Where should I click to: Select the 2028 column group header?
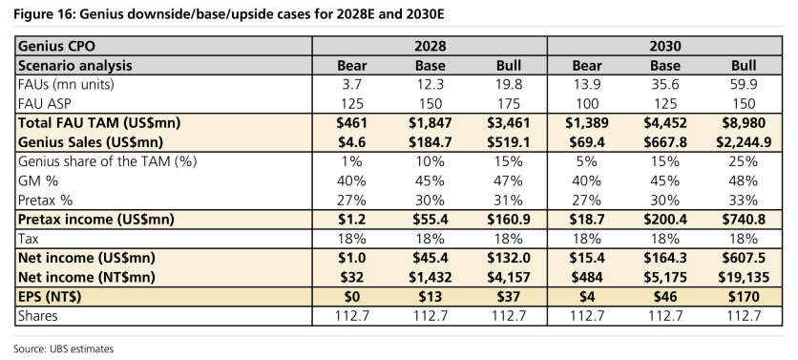click(430, 47)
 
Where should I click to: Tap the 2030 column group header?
click(664, 47)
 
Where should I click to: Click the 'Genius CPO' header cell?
click(56, 47)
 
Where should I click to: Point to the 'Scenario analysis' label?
click(74, 66)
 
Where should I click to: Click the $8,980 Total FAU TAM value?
click(744, 123)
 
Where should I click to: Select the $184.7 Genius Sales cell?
click(430, 142)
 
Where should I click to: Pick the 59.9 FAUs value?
click(744, 85)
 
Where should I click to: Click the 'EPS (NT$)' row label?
click(50, 296)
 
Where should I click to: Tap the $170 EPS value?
click(744, 296)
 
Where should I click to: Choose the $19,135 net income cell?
click(744, 277)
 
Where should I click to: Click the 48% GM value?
click(744, 180)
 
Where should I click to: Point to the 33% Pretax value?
click(744, 200)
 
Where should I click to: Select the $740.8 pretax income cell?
click(744, 220)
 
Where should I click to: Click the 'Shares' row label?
click(37, 316)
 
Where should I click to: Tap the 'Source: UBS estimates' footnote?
click(63, 349)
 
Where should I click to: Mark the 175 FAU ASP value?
click(509, 104)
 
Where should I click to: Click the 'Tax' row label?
click(28, 239)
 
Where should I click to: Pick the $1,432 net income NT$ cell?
click(430, 277)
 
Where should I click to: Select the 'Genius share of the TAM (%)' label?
click(107, 161)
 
